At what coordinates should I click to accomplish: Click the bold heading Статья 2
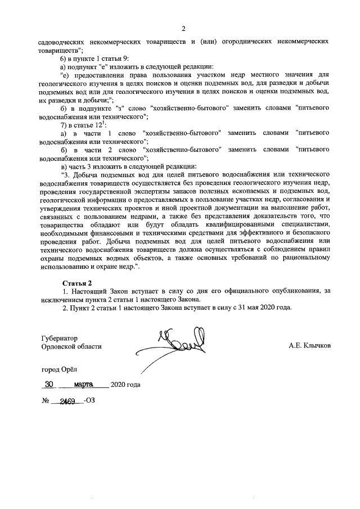76,281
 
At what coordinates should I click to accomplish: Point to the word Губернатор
59,339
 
